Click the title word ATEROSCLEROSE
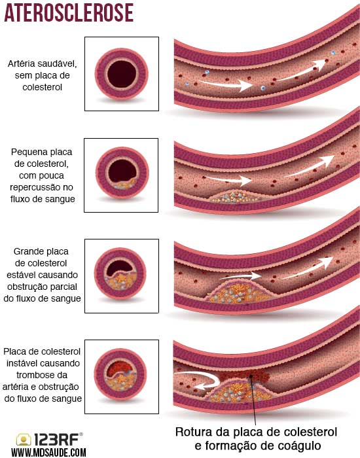pyautogui.click(x=69, y=13)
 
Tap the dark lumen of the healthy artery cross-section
pyautogui.click(x=122, y=73)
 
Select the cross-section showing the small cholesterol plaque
pyautogui.click(x=122, y=173)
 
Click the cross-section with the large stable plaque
pyautogui.click(x=120, y=273)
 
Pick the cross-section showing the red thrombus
pyautogui.click(x=120, y=374)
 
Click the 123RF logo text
pyautogui.click(x=56, y=439)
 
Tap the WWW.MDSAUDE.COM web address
pyautogui.click(x=49, y=453)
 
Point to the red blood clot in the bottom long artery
pyautogui.click(x=245, y=376)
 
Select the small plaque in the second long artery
pyautogui.click(x=234, y=196)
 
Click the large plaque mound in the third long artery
pyautogui.click(x=240, y=292)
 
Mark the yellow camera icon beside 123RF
pyautogui.click(x=24, y=440)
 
